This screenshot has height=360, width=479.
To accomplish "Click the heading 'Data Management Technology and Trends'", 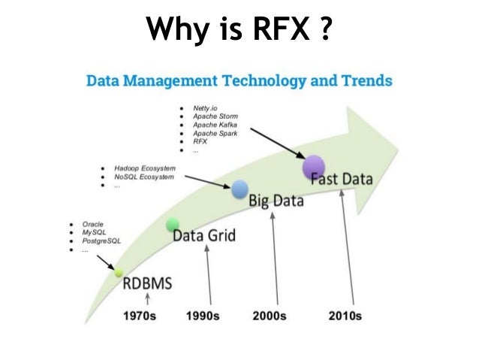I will click(x=239, y=80).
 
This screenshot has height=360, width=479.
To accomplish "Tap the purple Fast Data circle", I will click(x=313, y=167).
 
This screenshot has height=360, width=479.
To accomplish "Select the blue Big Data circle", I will click(x=239, y=189).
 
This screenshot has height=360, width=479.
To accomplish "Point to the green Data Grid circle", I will click(x=173, y=223).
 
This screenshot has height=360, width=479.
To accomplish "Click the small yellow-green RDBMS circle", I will click(x=118, y=274).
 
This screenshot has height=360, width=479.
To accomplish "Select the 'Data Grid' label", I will click(x=204, y=236).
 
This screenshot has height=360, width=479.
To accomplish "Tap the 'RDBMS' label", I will click(x=147, y=284).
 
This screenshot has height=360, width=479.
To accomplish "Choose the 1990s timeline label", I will click(x=204, y=316).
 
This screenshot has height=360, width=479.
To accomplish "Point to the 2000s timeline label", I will click(x=268, y=316).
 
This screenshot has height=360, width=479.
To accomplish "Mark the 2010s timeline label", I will click(x=345, y=316).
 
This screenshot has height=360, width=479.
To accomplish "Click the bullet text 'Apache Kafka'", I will click(x=215, y=125).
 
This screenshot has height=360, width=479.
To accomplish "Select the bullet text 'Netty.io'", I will click(x=205, y=109).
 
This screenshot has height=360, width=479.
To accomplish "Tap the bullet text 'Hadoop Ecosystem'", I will click(x=144, y=168).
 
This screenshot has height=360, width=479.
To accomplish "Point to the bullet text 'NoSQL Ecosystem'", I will click(x=143, y=177).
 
